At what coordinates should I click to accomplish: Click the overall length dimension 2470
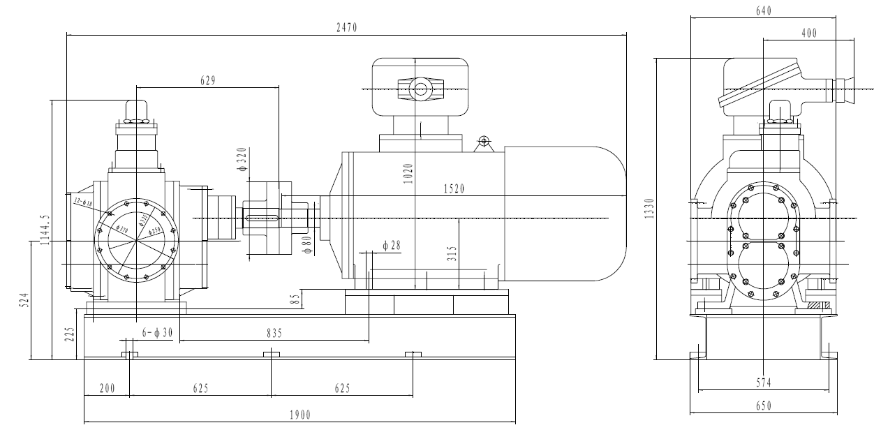346,27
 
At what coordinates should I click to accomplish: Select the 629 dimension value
207,80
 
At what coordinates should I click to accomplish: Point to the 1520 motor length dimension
454,189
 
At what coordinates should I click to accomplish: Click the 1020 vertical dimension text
408,173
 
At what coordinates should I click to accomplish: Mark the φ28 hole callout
392,245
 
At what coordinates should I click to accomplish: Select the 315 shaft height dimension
452,253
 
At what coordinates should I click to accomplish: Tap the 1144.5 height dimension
45,229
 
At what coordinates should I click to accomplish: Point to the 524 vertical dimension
24,301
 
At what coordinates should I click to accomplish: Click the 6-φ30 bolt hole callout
157,334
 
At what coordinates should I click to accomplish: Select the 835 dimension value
274,334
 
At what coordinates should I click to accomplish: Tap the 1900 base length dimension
299,415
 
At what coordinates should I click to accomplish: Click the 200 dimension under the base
106,388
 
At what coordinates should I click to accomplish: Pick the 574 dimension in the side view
764,383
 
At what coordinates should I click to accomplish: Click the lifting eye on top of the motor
482,142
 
